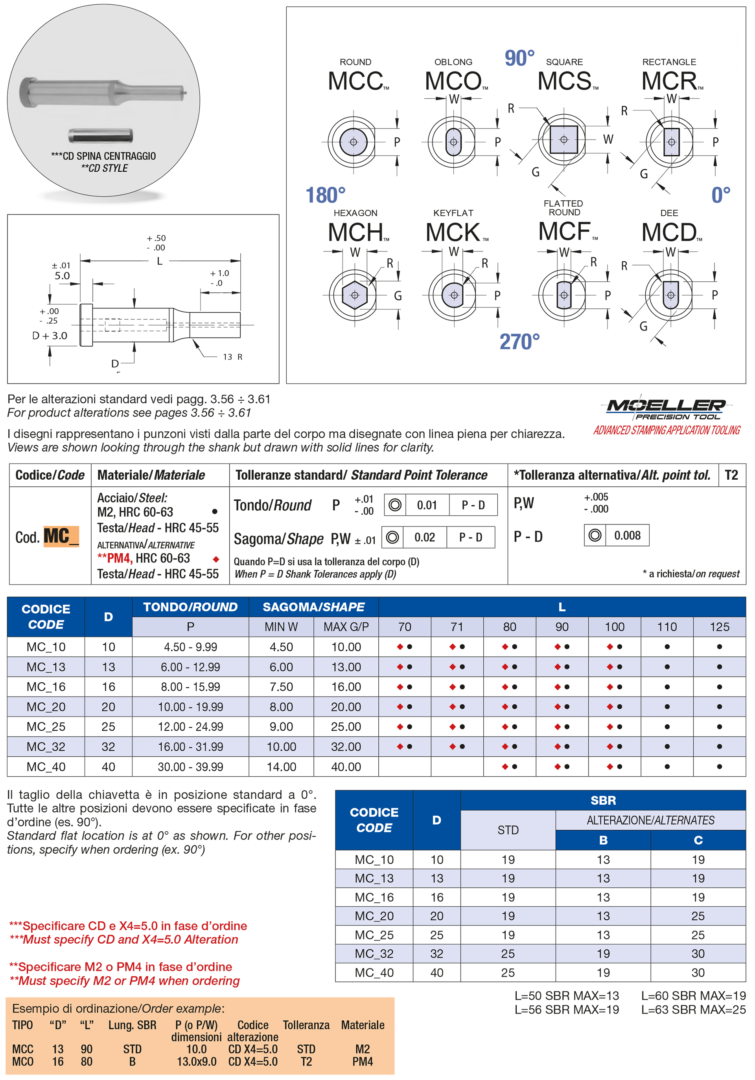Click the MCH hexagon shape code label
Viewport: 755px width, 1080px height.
[356, 232]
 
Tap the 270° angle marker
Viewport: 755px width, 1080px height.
[519, 341]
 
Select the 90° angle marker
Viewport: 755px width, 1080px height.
[519, 58]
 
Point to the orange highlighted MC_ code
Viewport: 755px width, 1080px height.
[61, 537]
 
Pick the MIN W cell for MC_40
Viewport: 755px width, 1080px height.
[281, 767]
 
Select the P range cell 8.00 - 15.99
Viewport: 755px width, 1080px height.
[190, 687]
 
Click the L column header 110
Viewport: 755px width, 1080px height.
[667, 627]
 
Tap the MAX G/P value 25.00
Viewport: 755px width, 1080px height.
[346, 727]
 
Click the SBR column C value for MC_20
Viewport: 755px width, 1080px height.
[698, 916]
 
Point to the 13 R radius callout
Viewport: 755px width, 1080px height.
[232, 357]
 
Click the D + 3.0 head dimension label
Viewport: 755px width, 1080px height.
[50, 336]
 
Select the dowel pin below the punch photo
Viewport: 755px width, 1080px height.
[100, 136]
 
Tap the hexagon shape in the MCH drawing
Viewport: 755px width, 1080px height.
[355, 295]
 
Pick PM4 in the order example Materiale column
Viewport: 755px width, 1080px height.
[363, 1062]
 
